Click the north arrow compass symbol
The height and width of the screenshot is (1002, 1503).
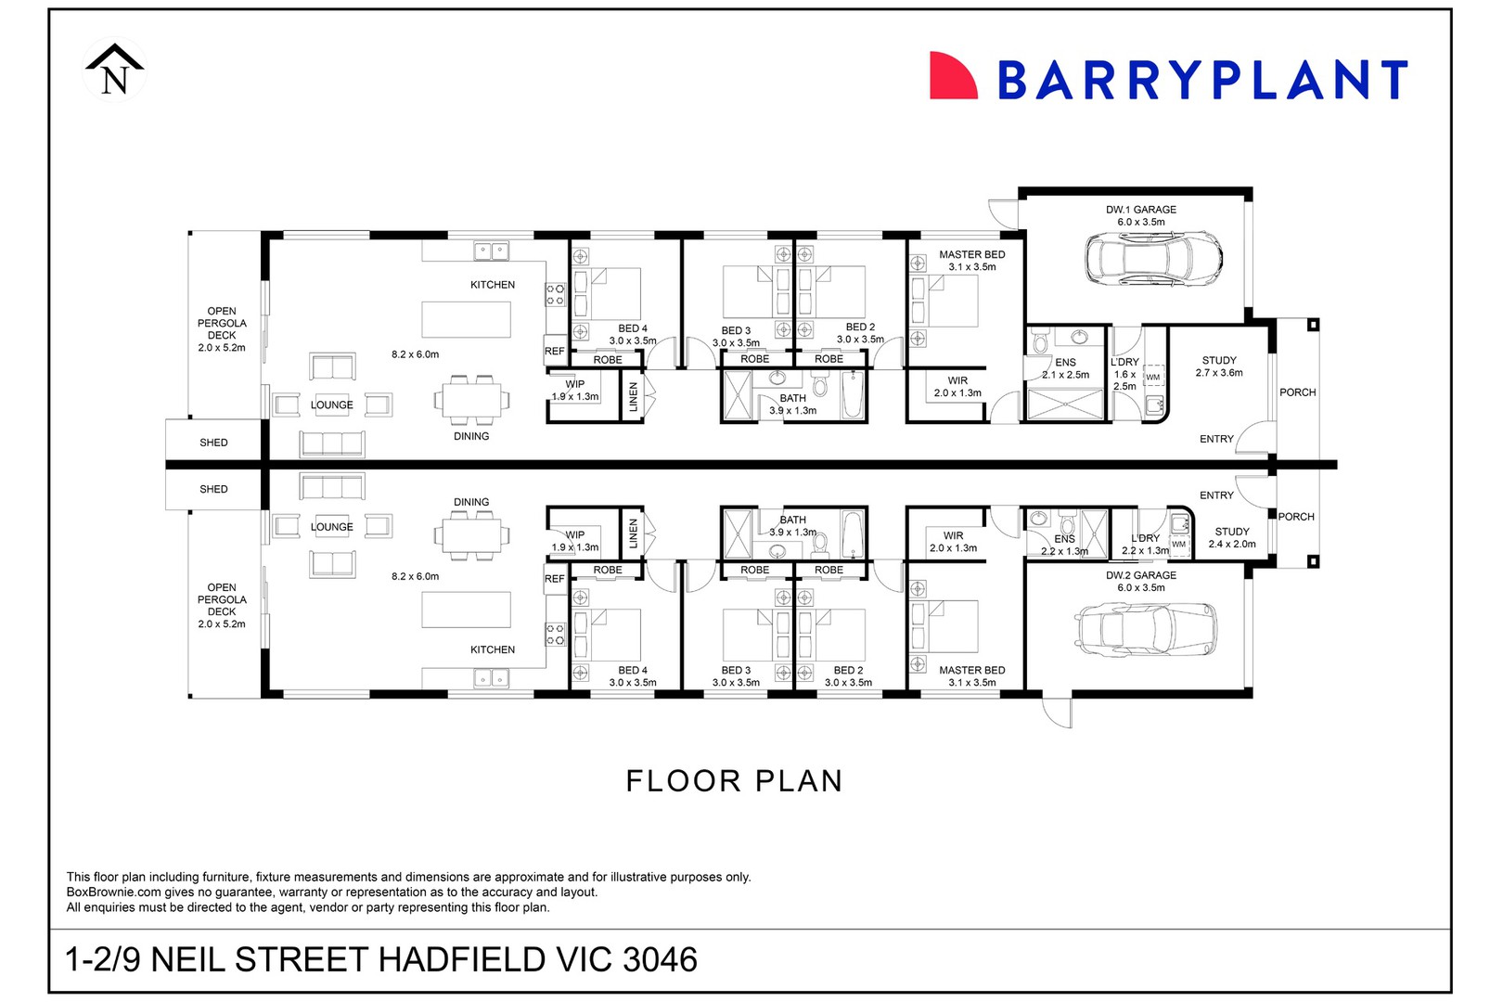114,70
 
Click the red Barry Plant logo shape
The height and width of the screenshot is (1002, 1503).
952,76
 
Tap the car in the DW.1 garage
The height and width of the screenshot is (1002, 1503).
1152,259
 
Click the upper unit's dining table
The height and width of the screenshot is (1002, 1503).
471,400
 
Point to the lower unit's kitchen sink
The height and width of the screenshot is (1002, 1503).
491,678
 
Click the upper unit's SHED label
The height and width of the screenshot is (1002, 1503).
213,443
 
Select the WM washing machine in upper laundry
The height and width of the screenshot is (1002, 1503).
1152,377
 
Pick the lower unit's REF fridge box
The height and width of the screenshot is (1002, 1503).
554,579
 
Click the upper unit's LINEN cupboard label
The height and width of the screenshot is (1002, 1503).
633,396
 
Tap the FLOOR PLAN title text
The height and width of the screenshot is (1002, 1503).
734,781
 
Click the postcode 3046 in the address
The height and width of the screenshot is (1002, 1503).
661,959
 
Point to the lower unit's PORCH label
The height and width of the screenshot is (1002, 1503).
1296,517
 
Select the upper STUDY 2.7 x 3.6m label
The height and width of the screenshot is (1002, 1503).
1218,366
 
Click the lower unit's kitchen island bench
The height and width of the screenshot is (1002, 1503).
466,610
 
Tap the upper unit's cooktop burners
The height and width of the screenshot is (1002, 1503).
555,295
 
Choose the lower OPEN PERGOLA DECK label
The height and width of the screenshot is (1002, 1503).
222,605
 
